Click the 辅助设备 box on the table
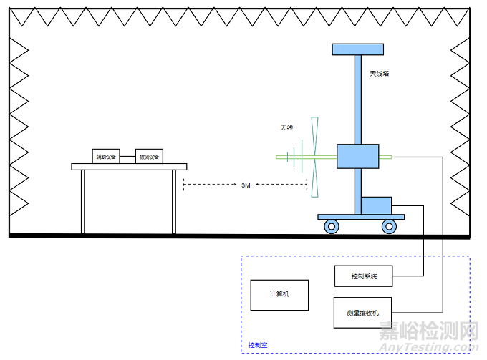pos(106,156)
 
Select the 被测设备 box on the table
pos(149,156)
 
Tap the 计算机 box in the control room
pos(279,294)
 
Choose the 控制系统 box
pos(363,276)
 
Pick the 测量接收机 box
pos(363,313)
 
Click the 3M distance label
pos(246,185)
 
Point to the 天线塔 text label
pos(380,73)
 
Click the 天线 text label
pos(286,128)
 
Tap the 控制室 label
pos(258,345)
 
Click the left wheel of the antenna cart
pos(332,227)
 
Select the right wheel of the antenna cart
pos(389,227)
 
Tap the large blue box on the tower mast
pos(357,156)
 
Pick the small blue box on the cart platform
pos(376,205)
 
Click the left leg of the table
pos(82,201)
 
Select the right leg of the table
pos(174,201)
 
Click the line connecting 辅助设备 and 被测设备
pos(127,156)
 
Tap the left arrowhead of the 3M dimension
pos(186,185)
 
